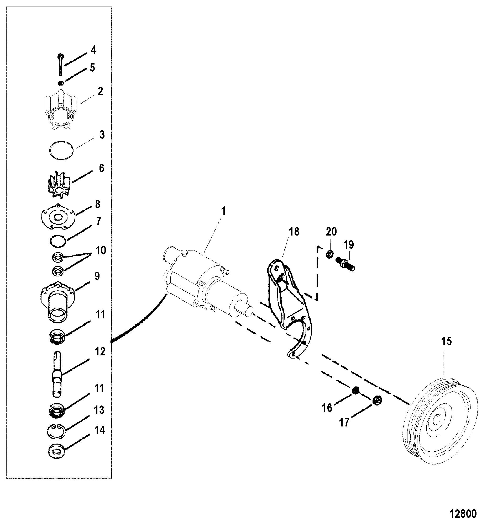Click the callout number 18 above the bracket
click(294, 232)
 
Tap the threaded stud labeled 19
click(344, 264)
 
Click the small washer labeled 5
click(61, 83)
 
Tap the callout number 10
click(101, 250)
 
